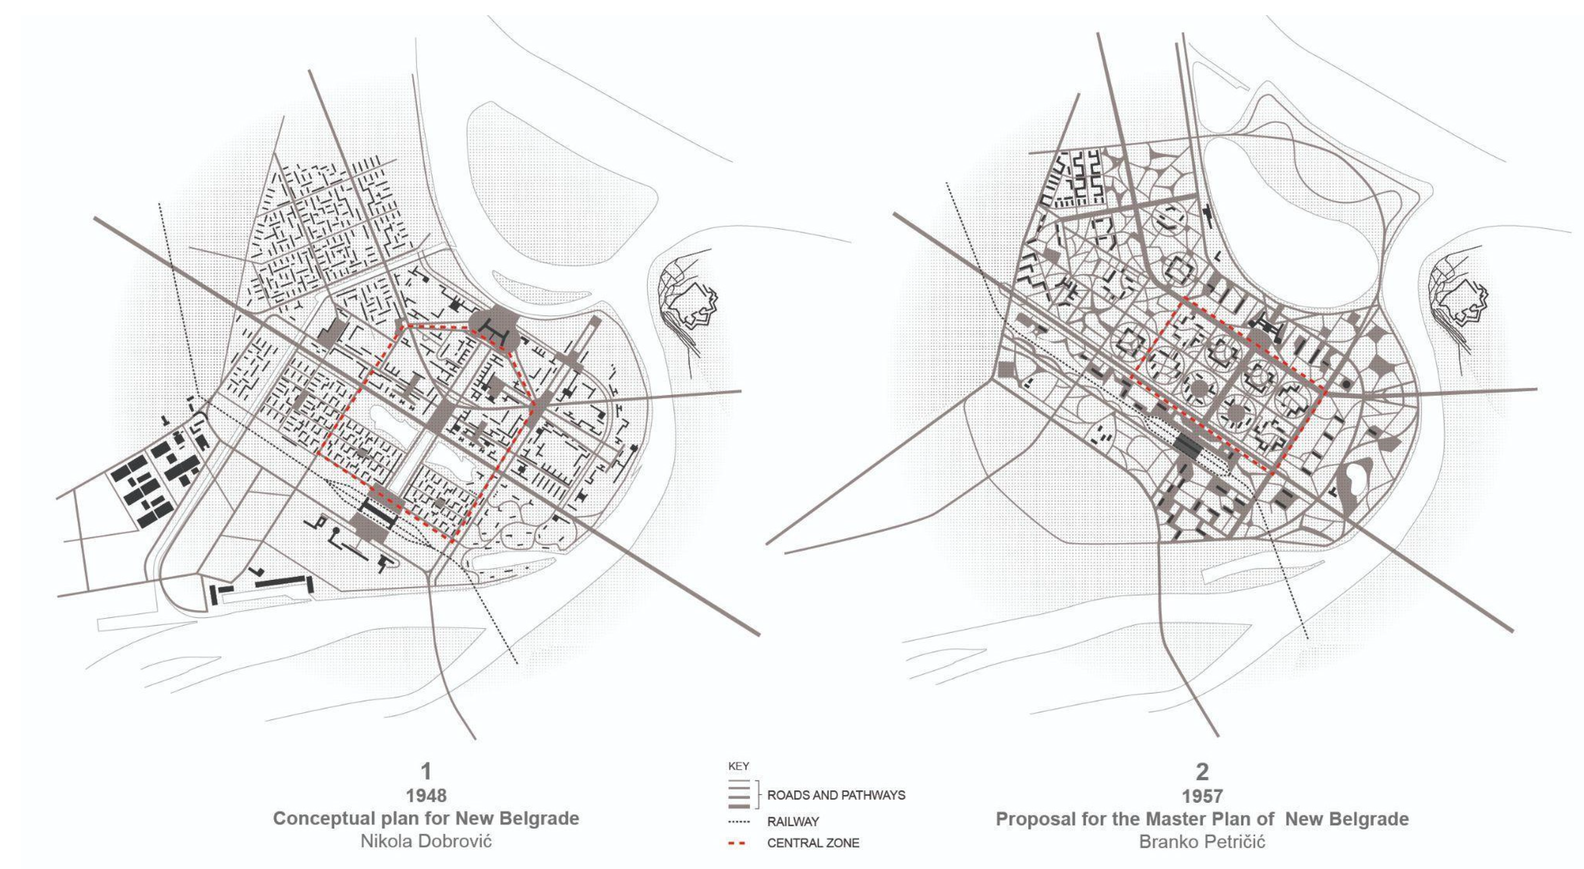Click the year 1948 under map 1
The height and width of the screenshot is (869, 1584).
click(x=426, y=796)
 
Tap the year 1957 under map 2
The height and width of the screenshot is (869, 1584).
click(x=1202, y=796)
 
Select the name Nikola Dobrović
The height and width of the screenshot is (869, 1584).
click(x=426, y=841)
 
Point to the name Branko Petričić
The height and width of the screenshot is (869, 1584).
click(x=1202, y=842)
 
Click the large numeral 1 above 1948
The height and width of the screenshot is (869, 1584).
click(x=426, y=771)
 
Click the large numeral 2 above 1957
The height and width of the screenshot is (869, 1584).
click(x=1202, y=771)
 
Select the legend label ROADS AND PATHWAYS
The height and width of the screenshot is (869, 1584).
click(x=836, y=795)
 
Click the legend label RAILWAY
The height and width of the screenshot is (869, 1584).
click(x=792, y=822)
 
